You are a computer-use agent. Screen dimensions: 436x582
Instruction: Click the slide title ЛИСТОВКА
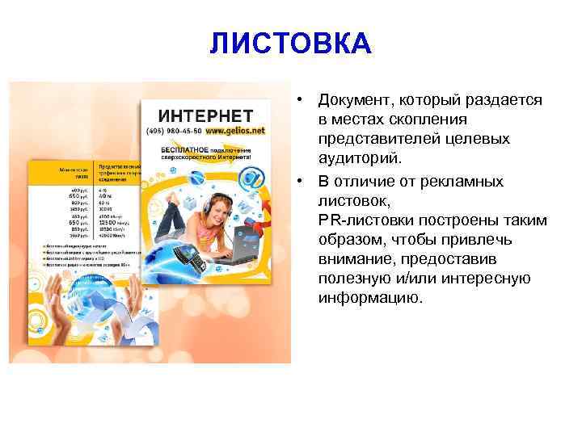(290, 44)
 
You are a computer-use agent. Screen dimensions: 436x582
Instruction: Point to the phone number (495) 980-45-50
(174, 130)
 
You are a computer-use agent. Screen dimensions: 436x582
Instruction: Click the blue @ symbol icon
(253, 177)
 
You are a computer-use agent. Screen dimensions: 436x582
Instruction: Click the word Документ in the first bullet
(353, 100)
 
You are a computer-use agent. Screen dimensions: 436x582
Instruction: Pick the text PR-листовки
(363, 220)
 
